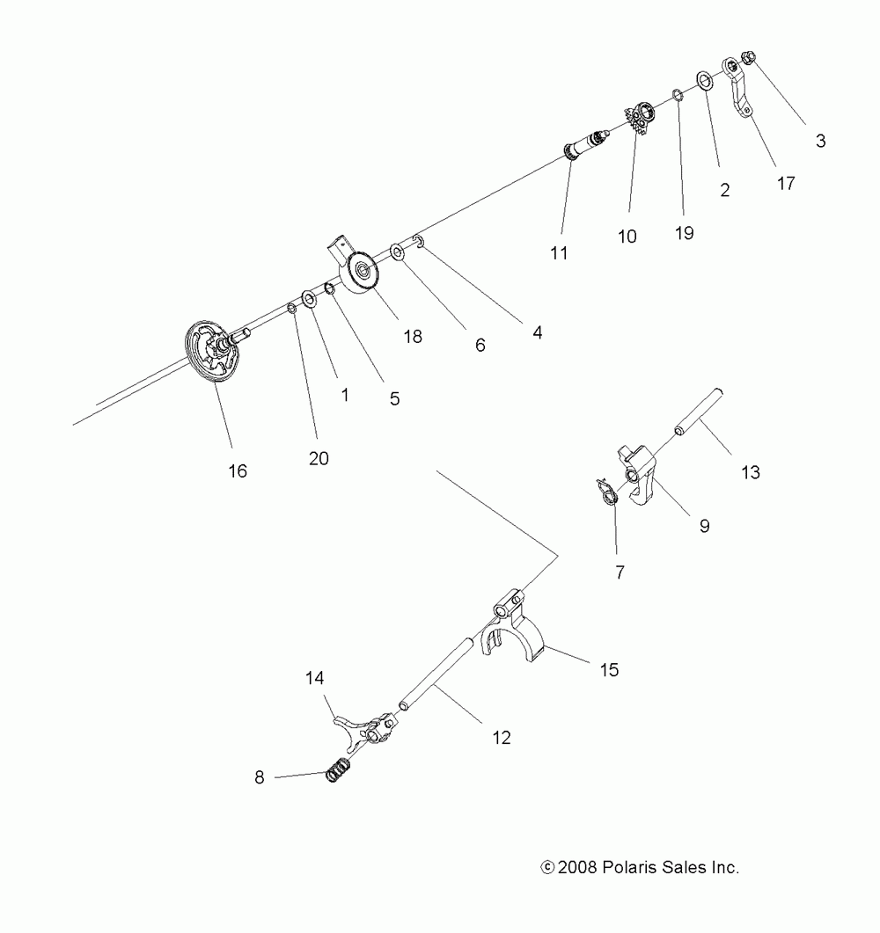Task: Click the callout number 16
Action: click(238, 470)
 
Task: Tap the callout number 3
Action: click(820, 140)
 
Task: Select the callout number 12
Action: click(502, 739)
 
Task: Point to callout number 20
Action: click(319, 458)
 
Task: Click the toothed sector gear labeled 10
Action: click(641, 120)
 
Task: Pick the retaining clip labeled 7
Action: click(607, 494)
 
